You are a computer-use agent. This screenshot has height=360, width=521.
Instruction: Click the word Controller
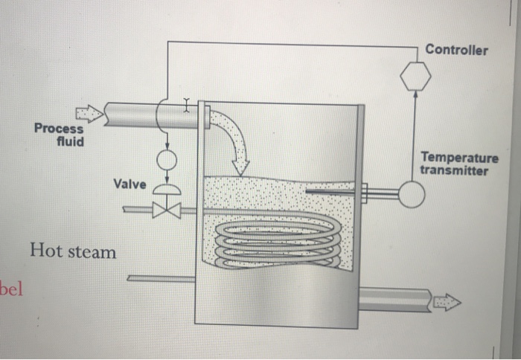click(x=457, y=50)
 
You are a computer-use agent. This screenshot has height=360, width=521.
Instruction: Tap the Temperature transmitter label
click(x=458, y=164)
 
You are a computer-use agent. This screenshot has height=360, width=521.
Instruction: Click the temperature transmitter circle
click(x=410, y=194)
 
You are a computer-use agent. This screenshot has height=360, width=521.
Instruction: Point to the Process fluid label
click(x=59, y=134)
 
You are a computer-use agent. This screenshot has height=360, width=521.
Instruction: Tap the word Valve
click(x=130, y=183)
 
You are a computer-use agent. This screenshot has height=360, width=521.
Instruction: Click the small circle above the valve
click(x=167, y=159)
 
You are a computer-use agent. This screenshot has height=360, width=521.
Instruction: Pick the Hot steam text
click(x=73, y=251)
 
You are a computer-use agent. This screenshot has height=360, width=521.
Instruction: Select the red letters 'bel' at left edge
click(x=13, y=289)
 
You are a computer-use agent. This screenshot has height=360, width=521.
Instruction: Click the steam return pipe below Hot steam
click(x=160, y=278)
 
